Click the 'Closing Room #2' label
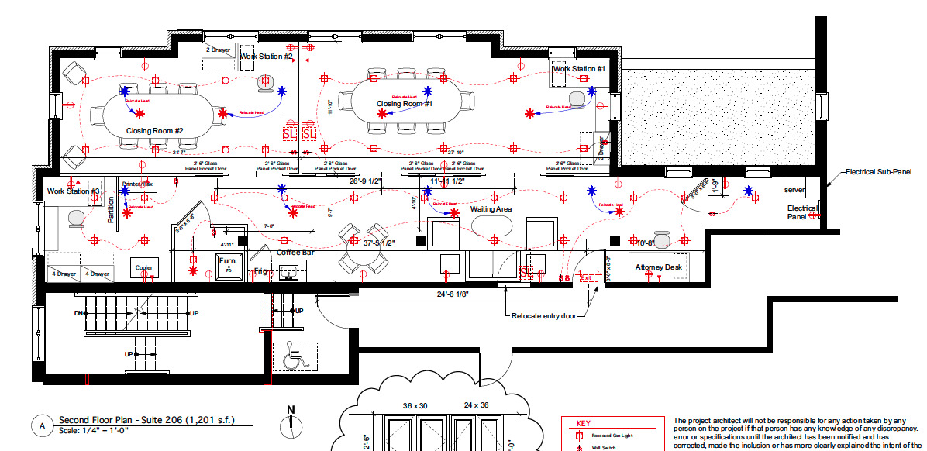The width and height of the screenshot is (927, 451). [x=154, y=131]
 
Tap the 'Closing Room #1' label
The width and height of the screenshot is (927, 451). [x=405, y=104]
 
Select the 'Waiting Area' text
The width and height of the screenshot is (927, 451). [x=491, y=209]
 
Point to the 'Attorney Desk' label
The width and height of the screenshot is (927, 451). [x=659, y=267]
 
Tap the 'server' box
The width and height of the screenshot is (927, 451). [x=795, y=190]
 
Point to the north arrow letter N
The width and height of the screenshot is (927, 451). [x=291, y=410]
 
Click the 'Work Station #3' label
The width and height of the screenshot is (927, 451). [x=74, y=191]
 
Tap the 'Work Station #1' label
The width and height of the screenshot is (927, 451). [x=578, y=69]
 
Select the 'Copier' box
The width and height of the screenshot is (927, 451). [x=144, y=268]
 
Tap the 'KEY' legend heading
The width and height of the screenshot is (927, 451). [x=583, y=424]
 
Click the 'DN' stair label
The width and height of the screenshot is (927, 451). [x=79, y=313]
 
